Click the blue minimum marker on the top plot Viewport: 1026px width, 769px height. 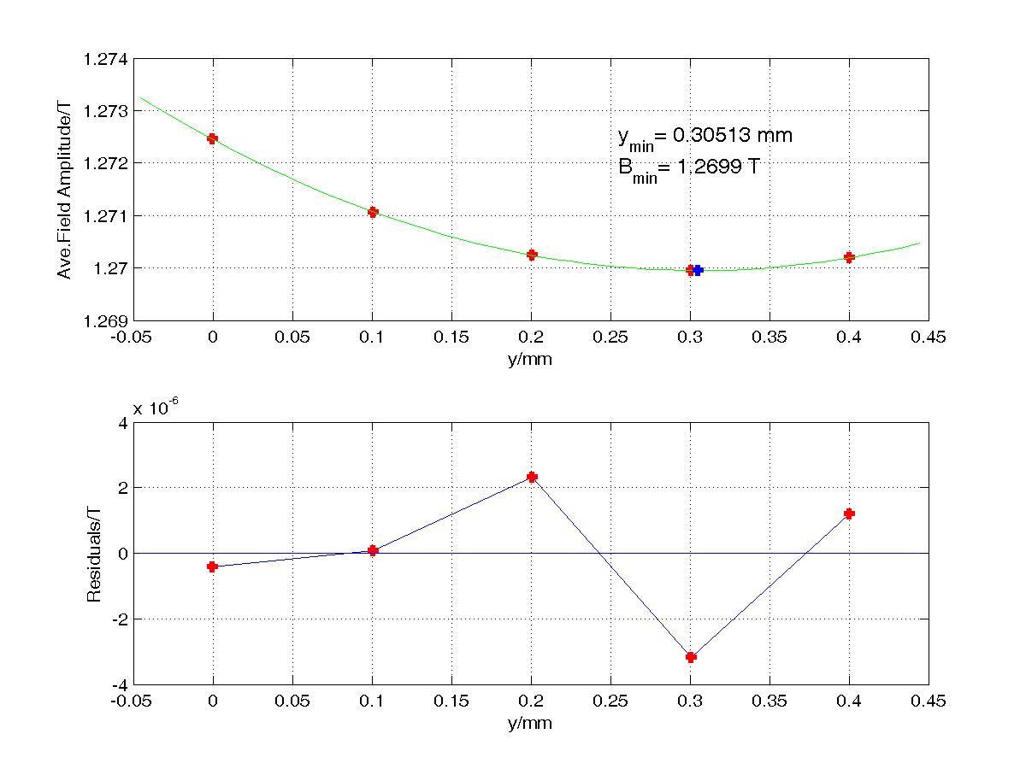(698, 270)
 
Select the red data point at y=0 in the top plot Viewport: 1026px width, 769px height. (213, 138)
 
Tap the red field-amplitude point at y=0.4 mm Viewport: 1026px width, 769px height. (849, 257)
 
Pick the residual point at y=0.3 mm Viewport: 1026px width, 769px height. (691, 657)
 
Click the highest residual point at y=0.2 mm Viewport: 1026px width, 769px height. (532, 477)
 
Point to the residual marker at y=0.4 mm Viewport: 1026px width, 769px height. (849, 514)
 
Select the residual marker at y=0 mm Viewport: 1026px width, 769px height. (213, 566)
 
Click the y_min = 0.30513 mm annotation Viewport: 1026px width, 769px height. (705, 136)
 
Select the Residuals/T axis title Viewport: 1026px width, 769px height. (94, 554)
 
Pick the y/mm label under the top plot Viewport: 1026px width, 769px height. (529, 360)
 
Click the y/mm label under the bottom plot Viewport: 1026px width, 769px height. (529, 724)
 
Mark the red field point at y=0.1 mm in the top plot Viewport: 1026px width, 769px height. (373, 212)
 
